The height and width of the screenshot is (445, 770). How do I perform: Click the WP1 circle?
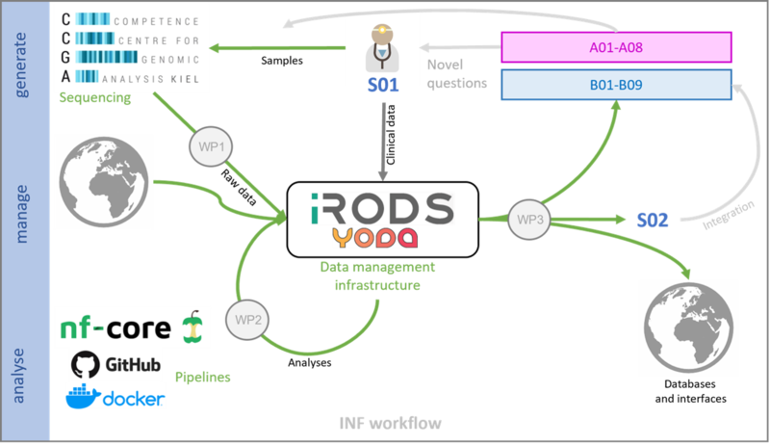tap(211, 146)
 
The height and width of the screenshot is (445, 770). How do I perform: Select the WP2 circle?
tap(247, 319)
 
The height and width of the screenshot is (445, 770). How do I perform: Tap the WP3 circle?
tap(529, 219)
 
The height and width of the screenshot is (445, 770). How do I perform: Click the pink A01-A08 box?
tap(616, 47)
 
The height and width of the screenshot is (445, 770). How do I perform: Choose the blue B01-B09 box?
tap(616, 85)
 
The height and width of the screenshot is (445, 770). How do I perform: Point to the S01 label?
tap(383, 85)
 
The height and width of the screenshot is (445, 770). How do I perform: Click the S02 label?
tap(653, 220)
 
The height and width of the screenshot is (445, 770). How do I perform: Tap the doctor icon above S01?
tap(382, 48)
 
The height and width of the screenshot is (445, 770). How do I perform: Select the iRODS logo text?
tap(382, 209)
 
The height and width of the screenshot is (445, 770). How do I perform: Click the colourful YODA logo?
tap(374, 237)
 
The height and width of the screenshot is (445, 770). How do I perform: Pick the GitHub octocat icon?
tap(86, 364)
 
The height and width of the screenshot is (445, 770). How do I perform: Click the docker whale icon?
tap(83, 396)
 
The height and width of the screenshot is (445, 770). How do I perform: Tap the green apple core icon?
tap(192, 327)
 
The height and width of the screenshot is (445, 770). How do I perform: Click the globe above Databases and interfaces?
tap(688, 327)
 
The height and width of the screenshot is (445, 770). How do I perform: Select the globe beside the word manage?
tap(104, 182)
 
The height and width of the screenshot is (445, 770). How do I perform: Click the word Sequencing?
tap(95, 97)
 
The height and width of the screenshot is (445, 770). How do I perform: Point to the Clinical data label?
tap(391, 135)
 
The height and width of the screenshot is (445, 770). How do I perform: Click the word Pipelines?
tap(203, 378)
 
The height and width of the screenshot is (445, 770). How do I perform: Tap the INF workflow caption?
tap(391, 423)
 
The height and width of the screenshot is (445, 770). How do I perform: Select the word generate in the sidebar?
tap(20, 65)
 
